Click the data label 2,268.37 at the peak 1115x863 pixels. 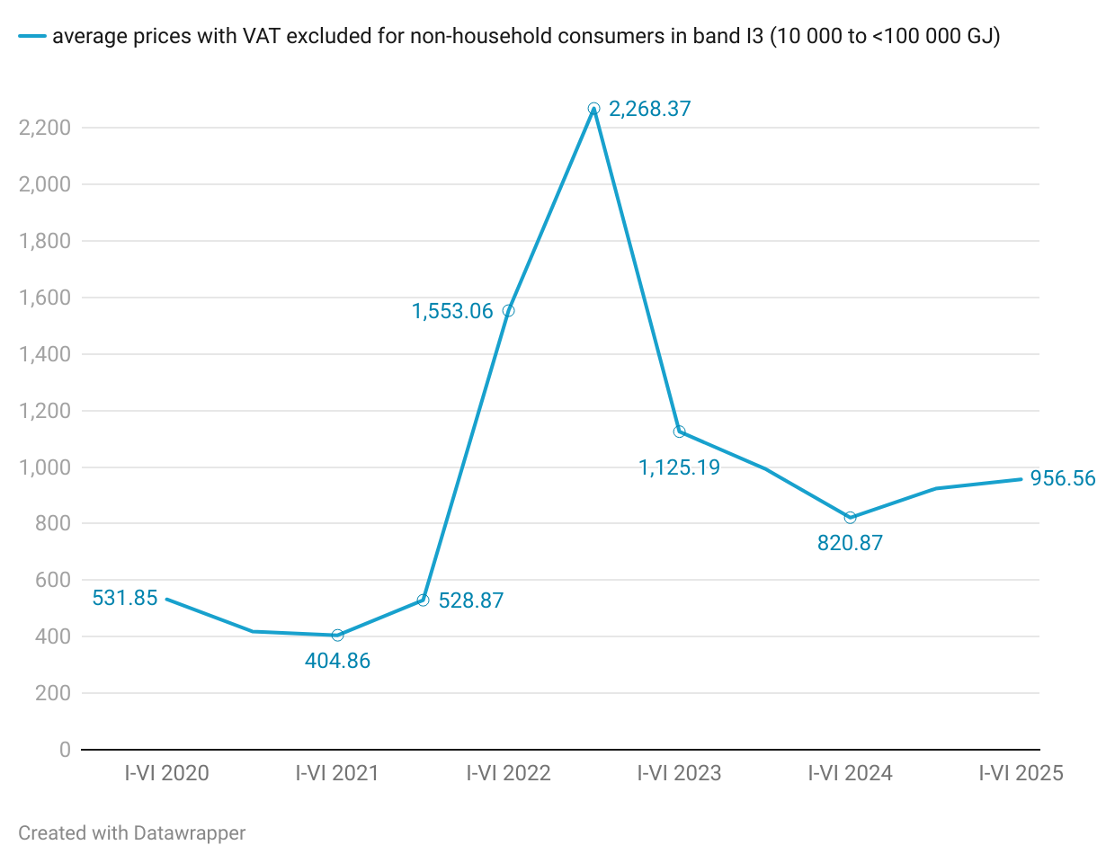tap(649, 109)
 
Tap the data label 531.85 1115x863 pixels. tap(125, 598)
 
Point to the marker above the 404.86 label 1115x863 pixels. tap(337, 636)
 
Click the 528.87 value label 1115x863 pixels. tap(471, 601)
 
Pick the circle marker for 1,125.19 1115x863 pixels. tap(680, 431)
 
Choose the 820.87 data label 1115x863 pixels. tap(850, 543)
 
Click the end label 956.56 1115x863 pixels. tap(1063, 478)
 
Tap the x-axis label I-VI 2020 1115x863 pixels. tap(166, 773)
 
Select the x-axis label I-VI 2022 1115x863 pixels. tap(508, 773)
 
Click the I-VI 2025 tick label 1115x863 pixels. tap(1021, 773)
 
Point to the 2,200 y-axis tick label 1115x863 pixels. tap(45, 128)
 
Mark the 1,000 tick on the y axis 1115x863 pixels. tap(45, 467)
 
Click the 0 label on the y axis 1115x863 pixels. tap(65, 750)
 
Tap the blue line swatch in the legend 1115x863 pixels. tap(31, 36)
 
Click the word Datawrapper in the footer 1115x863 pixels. tap(189, 833)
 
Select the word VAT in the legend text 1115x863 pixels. tap(261, 36)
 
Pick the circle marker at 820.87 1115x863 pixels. tap(851, 518)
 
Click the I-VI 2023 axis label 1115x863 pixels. tap(679, 773)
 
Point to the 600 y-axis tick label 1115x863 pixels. tap(53, 580)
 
